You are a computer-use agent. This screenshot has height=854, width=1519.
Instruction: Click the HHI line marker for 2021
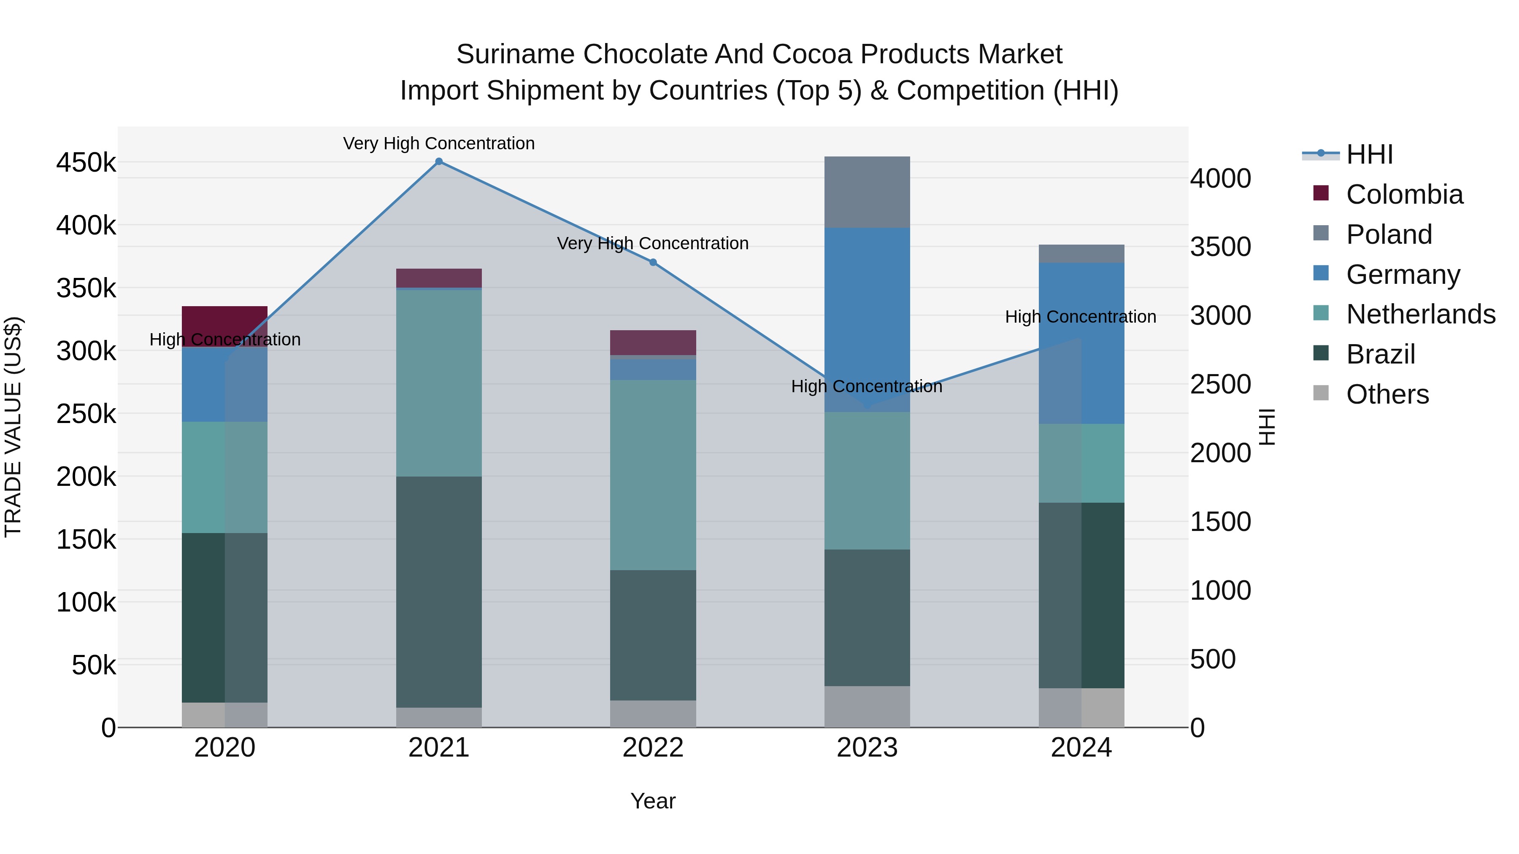click(439, 162)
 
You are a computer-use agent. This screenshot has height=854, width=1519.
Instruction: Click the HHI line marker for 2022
click(653, 262)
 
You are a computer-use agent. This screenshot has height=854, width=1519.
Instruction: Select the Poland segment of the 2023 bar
click(867, 192)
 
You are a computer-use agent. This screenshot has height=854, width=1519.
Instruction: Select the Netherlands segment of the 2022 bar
click(653, 474)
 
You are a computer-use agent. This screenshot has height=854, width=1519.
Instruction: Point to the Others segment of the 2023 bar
click(867, 706)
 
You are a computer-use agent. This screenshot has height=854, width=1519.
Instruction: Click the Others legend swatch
click(1321, 393)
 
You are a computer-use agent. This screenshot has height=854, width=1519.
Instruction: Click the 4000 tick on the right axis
click(1220, 178)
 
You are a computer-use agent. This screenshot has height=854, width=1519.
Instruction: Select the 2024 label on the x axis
click(1081, 748)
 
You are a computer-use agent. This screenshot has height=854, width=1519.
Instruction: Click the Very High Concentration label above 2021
click(439, 143)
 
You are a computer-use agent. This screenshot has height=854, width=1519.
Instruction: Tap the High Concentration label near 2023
click(866, 387)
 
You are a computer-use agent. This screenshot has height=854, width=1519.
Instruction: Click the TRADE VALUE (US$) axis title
click(13, 427)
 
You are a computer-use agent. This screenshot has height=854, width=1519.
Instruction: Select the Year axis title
click(653, 801)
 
